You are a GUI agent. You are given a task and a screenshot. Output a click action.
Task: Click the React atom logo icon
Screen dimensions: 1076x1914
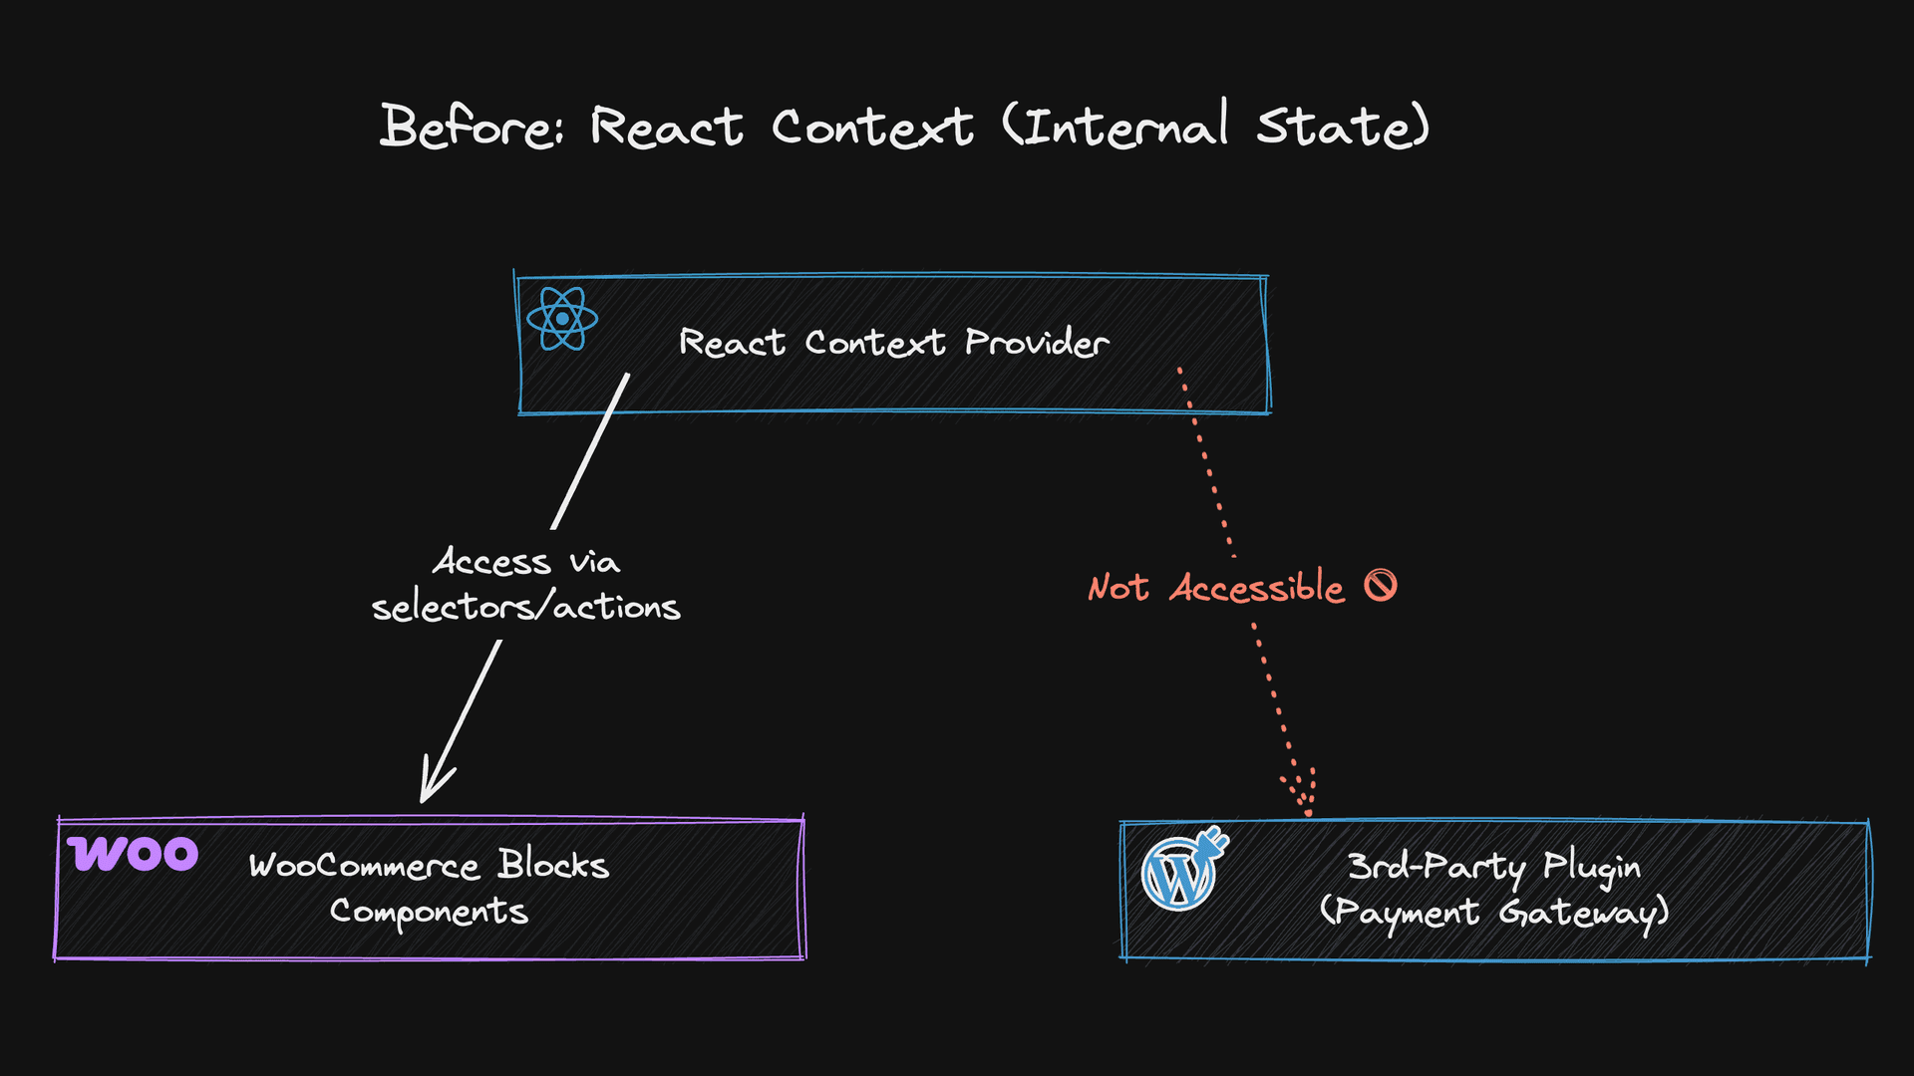pos(562,319)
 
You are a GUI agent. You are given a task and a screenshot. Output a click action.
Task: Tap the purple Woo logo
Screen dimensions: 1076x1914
pos(133,854)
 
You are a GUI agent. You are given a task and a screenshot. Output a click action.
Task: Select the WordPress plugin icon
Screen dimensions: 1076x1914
pos(1183,870)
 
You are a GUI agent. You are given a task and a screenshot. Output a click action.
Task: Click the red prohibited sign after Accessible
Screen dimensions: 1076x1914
pos(1381,586)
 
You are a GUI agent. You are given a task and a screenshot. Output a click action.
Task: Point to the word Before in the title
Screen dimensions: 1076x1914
pos(471,128)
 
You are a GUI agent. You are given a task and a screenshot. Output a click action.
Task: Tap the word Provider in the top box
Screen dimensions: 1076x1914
pos(1037,343)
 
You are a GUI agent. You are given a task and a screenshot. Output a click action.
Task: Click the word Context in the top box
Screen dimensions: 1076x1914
pos(874,343)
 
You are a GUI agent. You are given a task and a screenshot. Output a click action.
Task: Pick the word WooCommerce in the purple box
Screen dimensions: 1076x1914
pos(364,866)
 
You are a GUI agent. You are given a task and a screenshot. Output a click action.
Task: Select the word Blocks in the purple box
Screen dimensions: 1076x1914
pos(553,865)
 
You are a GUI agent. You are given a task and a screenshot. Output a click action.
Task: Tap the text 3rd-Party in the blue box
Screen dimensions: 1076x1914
pos(1435,867)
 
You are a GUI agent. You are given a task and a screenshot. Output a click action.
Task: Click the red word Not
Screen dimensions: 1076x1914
pos(1118,588)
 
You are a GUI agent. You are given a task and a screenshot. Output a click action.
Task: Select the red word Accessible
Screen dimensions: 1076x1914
pos(1257,588)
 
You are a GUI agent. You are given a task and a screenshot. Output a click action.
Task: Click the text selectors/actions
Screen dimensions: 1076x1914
pos(525,607)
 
